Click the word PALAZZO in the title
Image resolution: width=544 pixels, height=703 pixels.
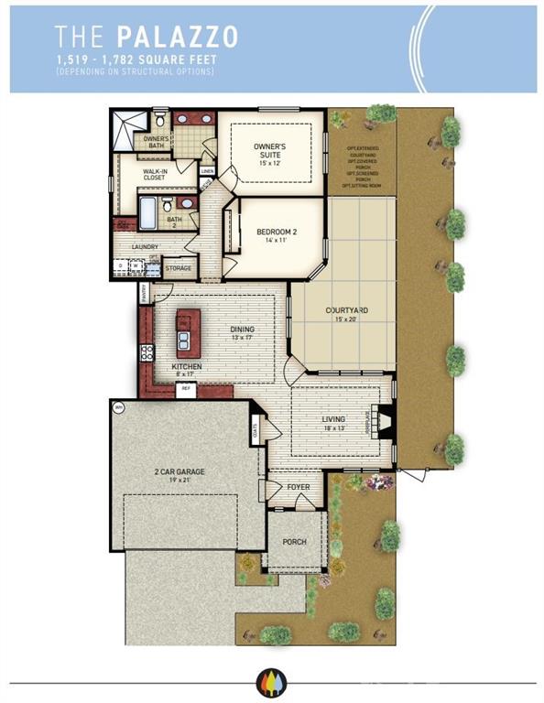177,36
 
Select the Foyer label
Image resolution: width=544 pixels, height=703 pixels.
299,488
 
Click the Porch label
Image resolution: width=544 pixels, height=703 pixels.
295,542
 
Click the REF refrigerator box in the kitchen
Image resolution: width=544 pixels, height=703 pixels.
186,389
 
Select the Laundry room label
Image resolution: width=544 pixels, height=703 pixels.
146,247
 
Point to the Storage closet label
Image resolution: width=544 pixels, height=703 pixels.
178,269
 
